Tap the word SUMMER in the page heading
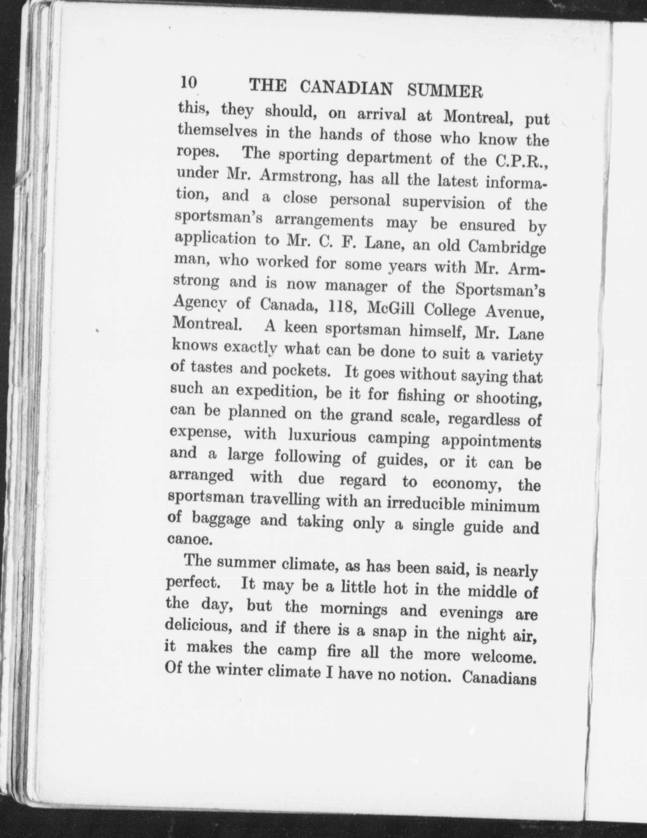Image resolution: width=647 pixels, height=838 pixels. pos(445,91)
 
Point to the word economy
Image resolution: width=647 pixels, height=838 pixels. pos(466,483)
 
